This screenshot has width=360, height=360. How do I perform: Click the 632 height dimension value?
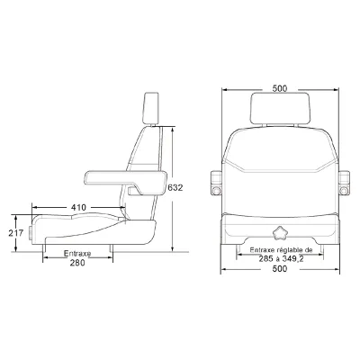tap(175, 188)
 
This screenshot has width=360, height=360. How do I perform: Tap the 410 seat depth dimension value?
tap(78, 207)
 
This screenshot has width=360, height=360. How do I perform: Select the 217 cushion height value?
tap(16, 233)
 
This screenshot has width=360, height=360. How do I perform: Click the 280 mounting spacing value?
tap(77, 263)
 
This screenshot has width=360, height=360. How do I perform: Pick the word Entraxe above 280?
tap(77, 254)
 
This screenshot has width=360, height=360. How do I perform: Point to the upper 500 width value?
tap(280, 88)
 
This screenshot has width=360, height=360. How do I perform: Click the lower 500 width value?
tap(280, 269)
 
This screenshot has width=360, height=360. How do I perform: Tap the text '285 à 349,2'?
tap(282, 258)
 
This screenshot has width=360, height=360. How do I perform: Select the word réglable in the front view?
tap(292, 249)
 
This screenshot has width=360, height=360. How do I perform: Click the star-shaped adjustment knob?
tap(280, 233)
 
